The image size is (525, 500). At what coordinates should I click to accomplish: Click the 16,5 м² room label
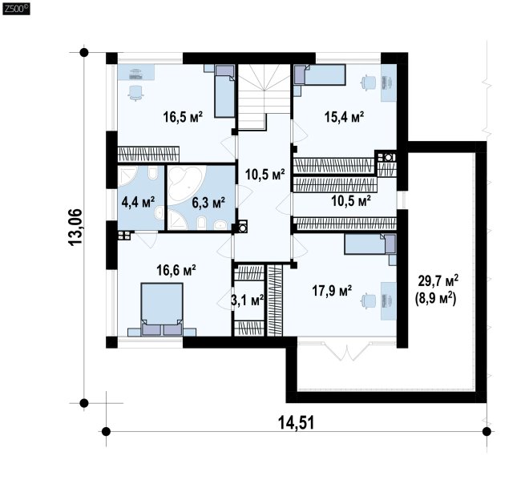tap(183, 117)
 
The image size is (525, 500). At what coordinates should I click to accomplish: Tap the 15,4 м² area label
tap(344, 117)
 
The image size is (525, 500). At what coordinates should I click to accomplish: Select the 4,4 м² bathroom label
tap(138, 202)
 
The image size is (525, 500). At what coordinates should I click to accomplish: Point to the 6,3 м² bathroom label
tap(208, 202)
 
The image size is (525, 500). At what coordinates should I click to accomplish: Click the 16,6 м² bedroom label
tap(176, 270)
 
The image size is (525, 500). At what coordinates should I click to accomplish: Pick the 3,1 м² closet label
tap(248, 300)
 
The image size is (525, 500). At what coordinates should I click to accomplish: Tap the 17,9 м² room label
tap(332, 291)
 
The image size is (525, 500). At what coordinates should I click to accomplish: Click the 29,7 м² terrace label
tap(438, 280)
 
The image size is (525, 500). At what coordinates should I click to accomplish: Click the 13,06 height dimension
tap(75, 228)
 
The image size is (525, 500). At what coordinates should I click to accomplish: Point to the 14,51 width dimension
tap(297, 423)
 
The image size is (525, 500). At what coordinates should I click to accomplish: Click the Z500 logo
tap(16, 9)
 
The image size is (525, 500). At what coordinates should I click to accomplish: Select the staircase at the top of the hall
tap(264, 97)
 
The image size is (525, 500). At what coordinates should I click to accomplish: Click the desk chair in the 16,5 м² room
tap(135, 93)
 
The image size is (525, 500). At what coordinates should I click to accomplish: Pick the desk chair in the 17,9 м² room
tap(369, 300)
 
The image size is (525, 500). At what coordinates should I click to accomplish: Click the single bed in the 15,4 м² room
tap(320, 75)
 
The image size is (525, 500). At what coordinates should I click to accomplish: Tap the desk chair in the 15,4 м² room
tap(369, 83)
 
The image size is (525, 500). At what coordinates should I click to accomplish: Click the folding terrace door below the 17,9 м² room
tap(347, 351)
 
